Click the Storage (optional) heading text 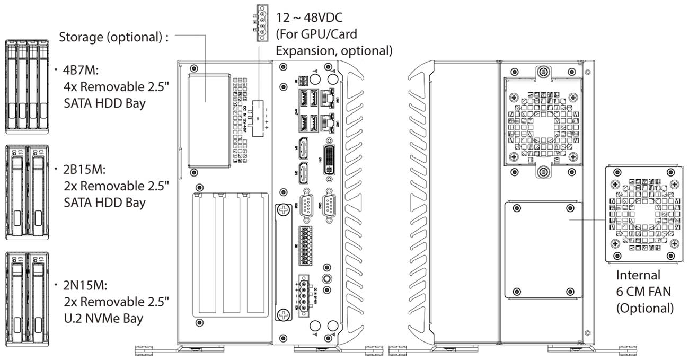[114, 38]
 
